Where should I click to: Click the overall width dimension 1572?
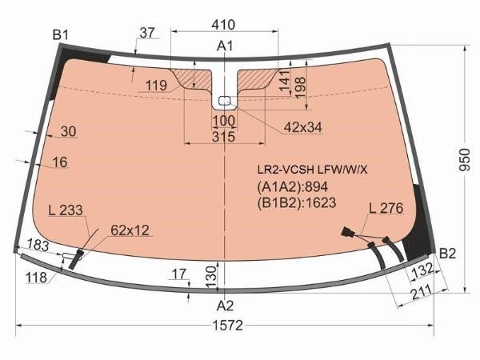tap(228, 325)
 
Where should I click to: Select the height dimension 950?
tap(465, 160)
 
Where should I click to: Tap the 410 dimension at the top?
tap(223, 25)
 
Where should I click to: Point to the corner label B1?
tap(60, 35)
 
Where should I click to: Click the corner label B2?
tap(447, 254)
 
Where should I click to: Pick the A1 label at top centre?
tap(225, 46)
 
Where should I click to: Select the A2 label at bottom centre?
tap(225, 306)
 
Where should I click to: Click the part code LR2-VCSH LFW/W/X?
tap(312, 170)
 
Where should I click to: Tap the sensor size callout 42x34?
tap(303, 127)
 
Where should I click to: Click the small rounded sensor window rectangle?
tap(225, 100)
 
